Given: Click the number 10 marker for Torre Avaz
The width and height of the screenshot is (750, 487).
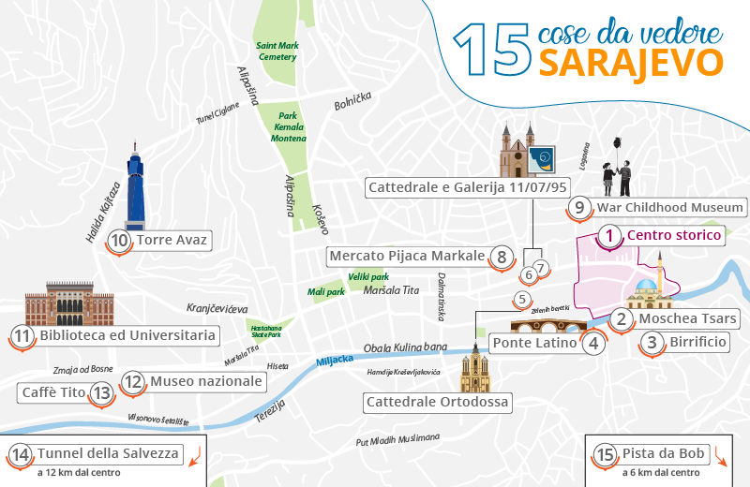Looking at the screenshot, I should (119, 241).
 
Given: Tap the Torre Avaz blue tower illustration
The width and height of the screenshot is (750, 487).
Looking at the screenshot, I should (135, 192).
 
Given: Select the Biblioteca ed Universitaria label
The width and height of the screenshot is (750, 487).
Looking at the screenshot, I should (126, 334).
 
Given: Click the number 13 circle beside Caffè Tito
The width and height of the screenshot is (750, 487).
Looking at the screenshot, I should (101, 393).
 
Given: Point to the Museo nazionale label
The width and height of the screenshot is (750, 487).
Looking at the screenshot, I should (206, 381).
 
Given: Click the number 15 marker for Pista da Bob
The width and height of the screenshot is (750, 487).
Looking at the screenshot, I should (606, 454).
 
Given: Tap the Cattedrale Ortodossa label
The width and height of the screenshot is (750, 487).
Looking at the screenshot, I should (439, 403).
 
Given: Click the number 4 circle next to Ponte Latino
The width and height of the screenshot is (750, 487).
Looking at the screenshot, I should (592, 343).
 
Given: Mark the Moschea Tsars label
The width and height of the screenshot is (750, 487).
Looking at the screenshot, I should (688, 318).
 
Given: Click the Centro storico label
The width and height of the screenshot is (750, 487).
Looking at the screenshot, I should (673, 235).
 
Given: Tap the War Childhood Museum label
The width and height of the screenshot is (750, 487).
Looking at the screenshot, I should (670, 207).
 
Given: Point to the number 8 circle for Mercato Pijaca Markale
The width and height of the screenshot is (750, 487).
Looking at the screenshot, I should (502, 256).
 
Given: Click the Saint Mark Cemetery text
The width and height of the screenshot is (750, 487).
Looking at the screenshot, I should (277, 51).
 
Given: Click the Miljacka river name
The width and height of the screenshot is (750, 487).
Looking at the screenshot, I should (335, 361).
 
